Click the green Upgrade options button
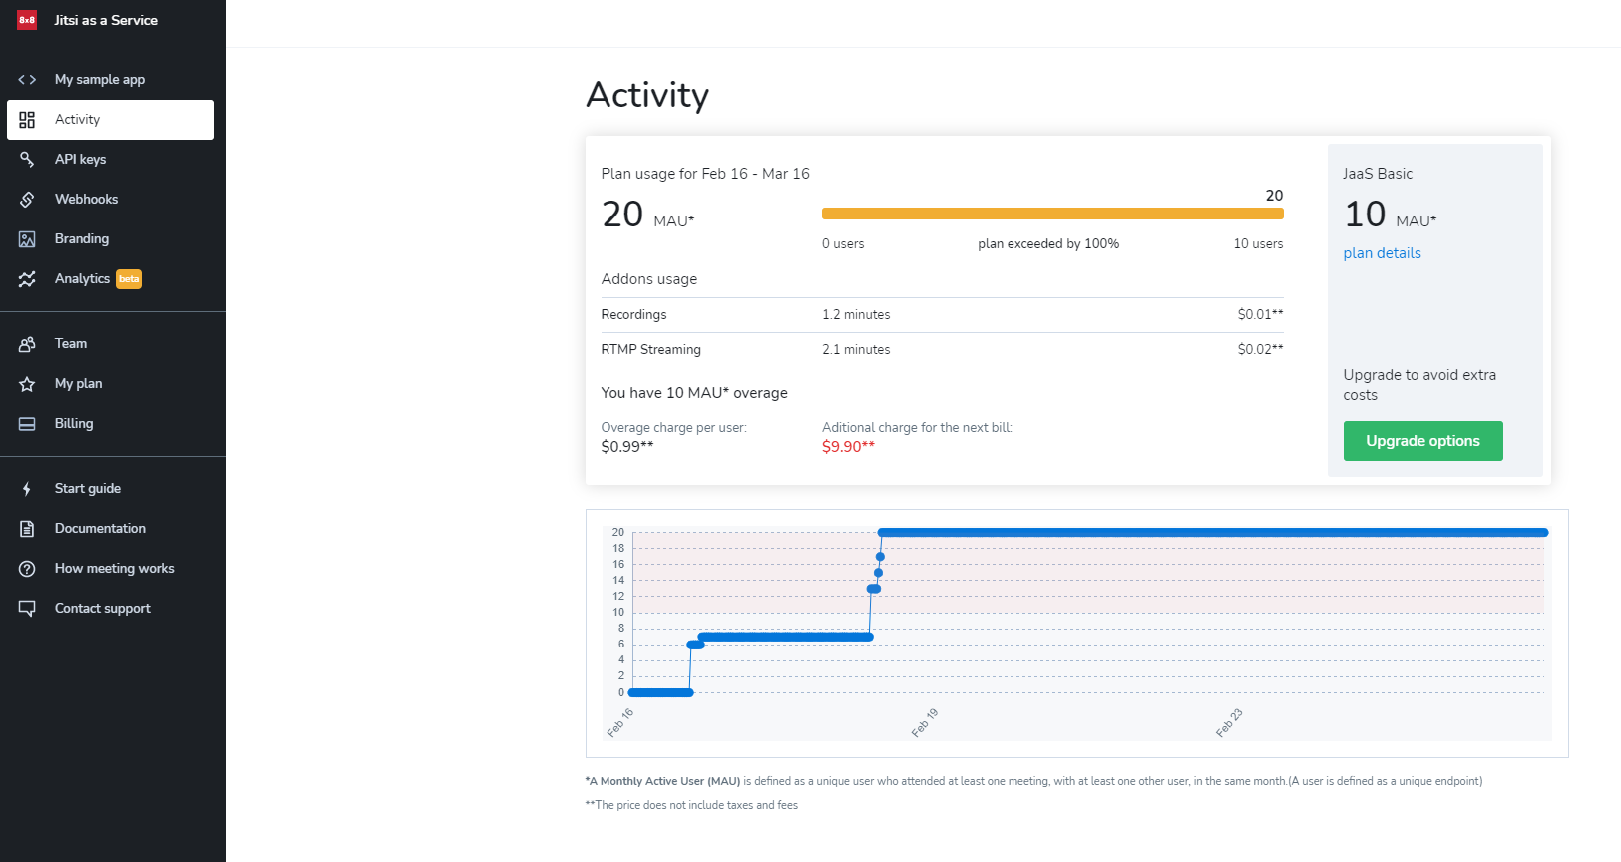pos(1422,441)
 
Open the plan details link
pos(1382,253)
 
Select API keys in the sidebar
pos(80,160)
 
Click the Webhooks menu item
pos(86,200)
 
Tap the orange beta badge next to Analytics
pos(129,279)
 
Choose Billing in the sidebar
pos(74,424)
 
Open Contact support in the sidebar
pos(102,609)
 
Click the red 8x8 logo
pos(27,20)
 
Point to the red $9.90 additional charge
pos(848,447)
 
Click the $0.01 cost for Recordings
pos(1260,315)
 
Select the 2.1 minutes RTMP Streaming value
pos(856,350)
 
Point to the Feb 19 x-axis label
pos(925,723)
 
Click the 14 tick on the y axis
pos(618,580)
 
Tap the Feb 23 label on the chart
pos(1229,723)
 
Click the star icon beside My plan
pos(27,384)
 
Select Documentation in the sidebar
pos(100,529)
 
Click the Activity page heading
pos(647,96)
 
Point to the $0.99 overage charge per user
pos(627,447)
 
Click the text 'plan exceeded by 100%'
pos(1048,244)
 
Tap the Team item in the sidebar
pos(71,344)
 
